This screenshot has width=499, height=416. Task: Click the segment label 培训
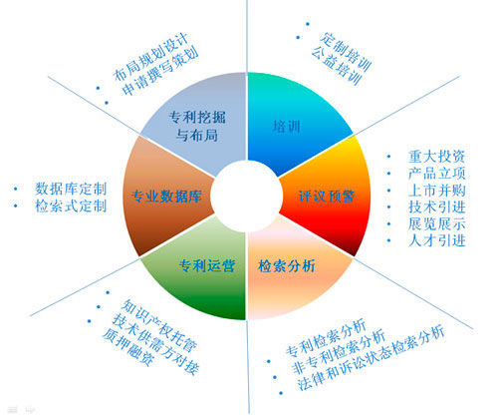pyautogui.click(x=287, y=127)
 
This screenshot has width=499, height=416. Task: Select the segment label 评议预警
pyautogui.click(x=327, y=197)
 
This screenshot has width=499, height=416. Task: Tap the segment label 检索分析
pyautogui.click(x=287, y=266)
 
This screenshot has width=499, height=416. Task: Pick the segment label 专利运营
pyautogui.click(x=207, y=266)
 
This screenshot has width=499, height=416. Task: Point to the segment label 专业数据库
pyautogui.click(x=166, y=197)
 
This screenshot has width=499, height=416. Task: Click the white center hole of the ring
pyautogui.click(x=246, y=197)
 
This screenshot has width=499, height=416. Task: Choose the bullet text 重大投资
pyautogui.click(x=436, y=157)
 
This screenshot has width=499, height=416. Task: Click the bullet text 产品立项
pyautogui.click(x=436, y=174)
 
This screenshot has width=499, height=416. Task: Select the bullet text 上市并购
pyautogui.click(x=436, y=191)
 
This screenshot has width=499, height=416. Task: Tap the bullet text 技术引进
pyautogui.click(x=436, y=207)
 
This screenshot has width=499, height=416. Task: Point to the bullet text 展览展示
pyautogui.click(x=436, y=223)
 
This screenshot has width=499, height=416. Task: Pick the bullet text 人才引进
pyautogui.click(x=436, y=240)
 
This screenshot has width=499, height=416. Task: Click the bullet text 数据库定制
pyautogui.click(x=71, y=189)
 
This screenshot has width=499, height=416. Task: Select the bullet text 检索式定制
pyautogui.click(x=71, y=206)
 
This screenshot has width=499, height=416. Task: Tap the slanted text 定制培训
pyautogui.click(x=346, y=52)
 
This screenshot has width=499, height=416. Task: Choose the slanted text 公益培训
pyautogui.click(x=336, y=65)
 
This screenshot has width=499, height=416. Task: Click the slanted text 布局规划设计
pyautogui.click(x=151, y=57)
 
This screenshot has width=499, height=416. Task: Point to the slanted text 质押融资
pyautogui.click(x=128, y=347)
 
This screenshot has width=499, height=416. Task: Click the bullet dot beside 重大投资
pyautogui.click(x=388, y=157)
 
